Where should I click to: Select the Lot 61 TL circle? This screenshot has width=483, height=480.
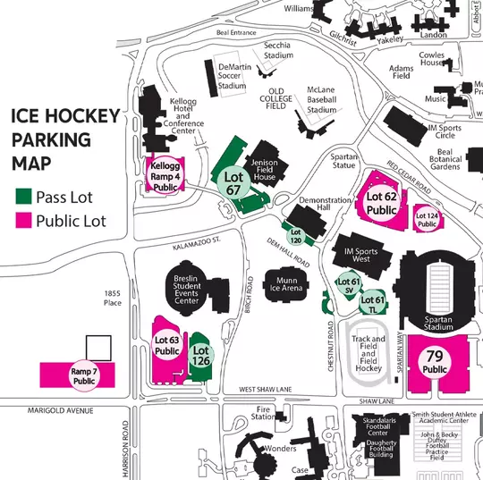point(376,304)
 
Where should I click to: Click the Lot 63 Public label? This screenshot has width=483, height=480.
point(167,345)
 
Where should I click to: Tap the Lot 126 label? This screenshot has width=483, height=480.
point(200,356)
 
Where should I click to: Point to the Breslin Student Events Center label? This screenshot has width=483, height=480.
point(186,288)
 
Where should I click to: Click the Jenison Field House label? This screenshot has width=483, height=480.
point(265,167)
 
